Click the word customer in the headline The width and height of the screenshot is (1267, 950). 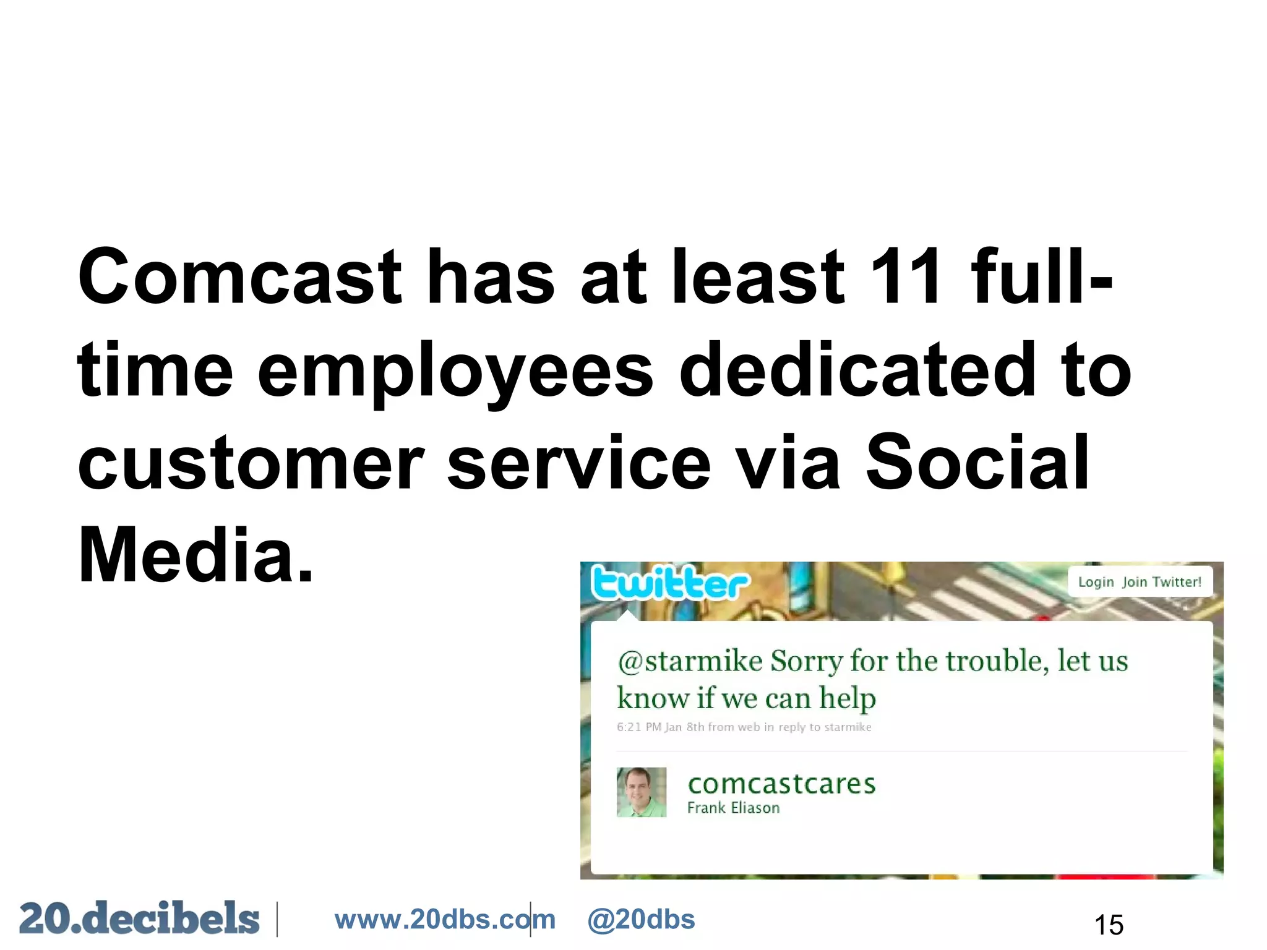251,464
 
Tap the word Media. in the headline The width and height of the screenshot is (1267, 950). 195,555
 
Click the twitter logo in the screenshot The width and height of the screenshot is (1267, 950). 669,583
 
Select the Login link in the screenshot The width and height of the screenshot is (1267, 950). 1096,582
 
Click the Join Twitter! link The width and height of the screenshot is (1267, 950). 1162,582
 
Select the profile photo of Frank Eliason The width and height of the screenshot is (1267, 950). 642,792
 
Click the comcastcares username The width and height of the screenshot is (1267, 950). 781,784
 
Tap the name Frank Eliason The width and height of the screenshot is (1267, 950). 733,808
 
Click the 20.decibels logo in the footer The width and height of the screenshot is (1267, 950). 139,918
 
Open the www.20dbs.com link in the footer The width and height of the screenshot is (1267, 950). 445,920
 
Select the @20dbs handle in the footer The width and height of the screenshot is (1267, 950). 641,920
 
